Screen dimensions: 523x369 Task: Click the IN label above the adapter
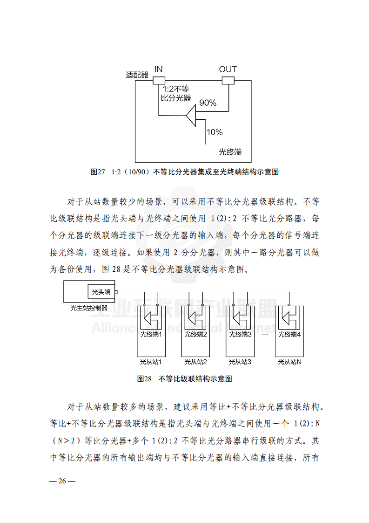[159, 69]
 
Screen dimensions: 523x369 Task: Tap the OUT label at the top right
[228, 69]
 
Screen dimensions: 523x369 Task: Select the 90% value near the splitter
[208, 103]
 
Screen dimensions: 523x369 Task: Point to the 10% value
[214, 132]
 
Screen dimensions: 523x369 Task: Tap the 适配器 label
[137, 74]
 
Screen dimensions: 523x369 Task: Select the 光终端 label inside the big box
[230, 152]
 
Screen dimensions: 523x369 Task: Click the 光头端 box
[101, 292]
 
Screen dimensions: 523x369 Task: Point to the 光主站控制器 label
[89, 308]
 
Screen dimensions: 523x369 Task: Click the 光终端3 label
[240, 334]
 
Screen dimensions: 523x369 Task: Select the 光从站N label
[289, 361]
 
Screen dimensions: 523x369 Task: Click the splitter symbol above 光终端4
[289, 318]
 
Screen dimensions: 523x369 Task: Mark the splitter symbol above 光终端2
[195, 318]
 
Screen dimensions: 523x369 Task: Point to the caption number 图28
[145, 378]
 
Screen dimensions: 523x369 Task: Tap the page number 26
[62, 481]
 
